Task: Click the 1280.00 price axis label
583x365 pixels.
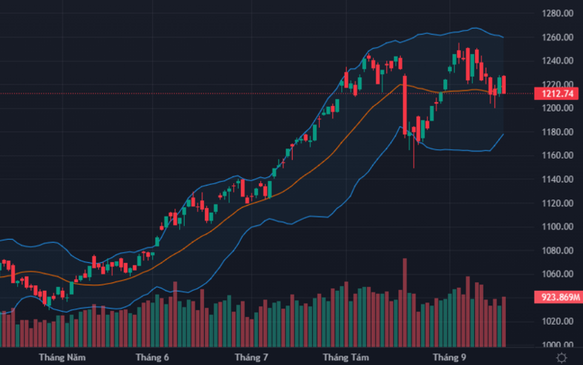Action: point(559,13)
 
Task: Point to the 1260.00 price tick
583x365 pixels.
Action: point(559,37)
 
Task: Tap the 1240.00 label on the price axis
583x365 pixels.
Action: point(559,61)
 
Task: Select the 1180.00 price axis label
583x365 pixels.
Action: point(559,132)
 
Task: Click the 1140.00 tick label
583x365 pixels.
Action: point(559,179)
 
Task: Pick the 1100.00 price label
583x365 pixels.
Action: point(559,227)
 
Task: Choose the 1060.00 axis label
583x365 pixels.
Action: point(559,274)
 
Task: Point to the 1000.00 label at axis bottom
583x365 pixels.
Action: point(559,345)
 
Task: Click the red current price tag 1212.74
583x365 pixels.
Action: point(556,94)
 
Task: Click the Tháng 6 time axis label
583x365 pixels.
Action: point(152,357)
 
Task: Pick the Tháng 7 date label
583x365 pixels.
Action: point(251,357)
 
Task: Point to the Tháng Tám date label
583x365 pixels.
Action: point(346,357)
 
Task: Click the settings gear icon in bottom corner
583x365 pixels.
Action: point(562,358)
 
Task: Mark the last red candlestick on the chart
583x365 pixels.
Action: point(503,85)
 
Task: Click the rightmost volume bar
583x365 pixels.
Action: point(503,321)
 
